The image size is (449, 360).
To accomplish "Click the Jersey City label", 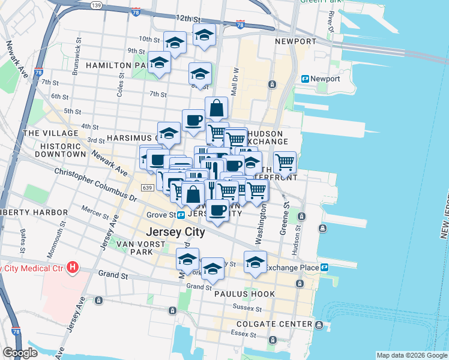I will click(x=175, y=232).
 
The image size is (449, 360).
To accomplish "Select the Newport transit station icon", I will click(x=305, y=79).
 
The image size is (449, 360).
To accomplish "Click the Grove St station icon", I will click(x=181, y=214).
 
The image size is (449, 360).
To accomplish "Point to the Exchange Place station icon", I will click(x=325, y=267).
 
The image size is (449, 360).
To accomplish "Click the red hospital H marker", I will click(x=73, y=266).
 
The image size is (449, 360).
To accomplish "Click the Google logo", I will click(x=20, y=353).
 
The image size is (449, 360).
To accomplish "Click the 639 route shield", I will click(x=146, y=188).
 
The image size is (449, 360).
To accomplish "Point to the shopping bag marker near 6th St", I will click(x=216, y=109).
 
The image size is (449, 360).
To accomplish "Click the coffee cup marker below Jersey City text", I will click(x=217, y=211).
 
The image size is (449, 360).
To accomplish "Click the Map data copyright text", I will click(x=411, y=355).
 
